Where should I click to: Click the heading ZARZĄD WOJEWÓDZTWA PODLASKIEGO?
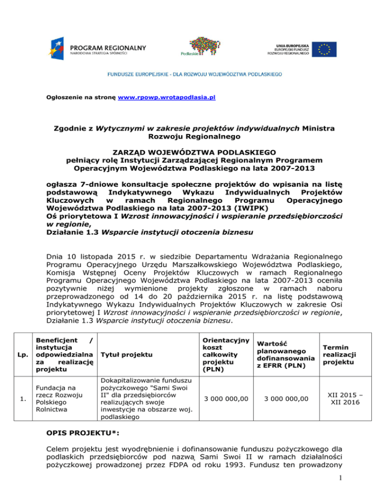point(194,151)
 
